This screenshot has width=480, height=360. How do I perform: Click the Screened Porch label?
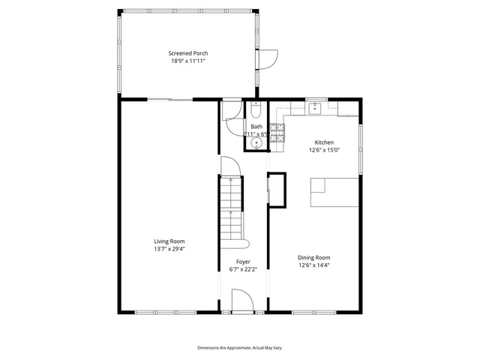187,53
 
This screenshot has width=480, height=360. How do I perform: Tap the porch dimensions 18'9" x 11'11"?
187,61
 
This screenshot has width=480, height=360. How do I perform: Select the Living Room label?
169,241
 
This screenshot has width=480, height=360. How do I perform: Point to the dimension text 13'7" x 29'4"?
169,248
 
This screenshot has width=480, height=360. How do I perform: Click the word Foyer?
244,262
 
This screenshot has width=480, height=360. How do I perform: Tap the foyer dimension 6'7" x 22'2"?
244,269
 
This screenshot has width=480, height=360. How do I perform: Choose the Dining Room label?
314,257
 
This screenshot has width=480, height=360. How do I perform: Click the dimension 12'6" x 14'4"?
314,265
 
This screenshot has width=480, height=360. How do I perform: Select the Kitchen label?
324,142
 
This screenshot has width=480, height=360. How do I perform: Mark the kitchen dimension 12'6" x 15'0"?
324,149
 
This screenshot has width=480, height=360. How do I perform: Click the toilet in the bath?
256,112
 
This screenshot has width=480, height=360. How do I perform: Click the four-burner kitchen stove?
277,135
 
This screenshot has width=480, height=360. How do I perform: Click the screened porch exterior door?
268,58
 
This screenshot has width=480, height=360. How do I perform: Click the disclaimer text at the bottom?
240,348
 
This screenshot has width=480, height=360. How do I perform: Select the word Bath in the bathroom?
256,127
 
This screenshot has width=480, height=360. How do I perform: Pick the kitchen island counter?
334,192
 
